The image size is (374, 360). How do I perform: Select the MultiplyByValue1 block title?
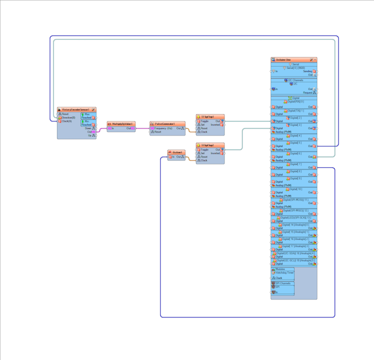coord(121,123)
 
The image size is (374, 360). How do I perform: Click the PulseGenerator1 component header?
coord(164,123)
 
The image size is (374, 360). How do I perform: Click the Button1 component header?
coord(178,152)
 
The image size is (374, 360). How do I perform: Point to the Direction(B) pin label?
coord(68,117)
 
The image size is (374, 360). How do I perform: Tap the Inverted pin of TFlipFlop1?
coord(215,124)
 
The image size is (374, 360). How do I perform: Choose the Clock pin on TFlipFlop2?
coord(204,160)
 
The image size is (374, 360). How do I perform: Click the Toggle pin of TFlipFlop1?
coord(204,121)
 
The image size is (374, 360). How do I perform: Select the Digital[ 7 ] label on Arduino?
coord(295,164)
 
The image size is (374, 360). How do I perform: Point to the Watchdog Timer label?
coord(284,272)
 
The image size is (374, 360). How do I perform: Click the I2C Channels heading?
coord(295,80)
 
